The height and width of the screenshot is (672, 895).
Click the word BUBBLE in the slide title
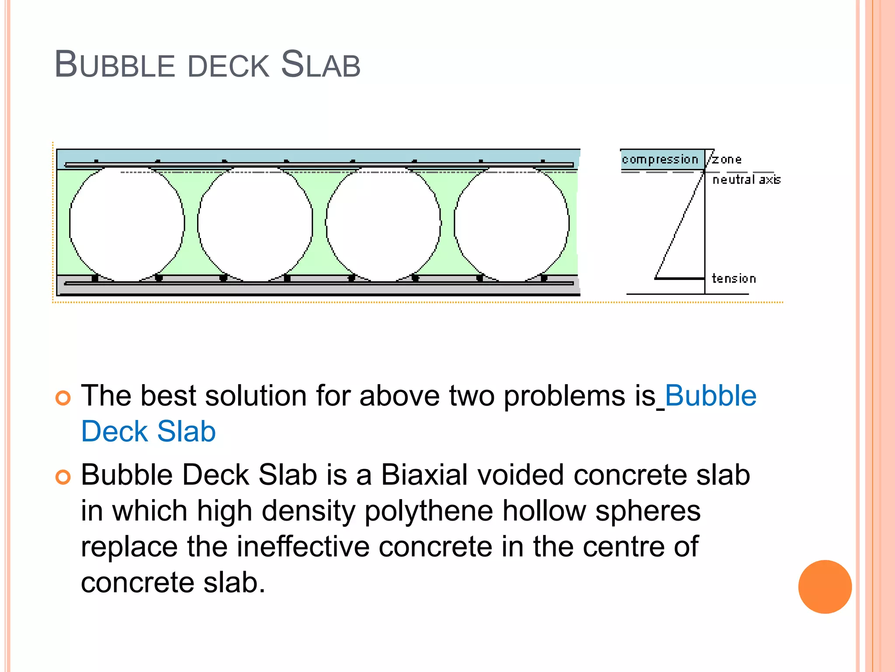114,65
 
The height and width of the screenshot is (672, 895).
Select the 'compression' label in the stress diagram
660,160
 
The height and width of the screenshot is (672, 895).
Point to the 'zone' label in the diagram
727,160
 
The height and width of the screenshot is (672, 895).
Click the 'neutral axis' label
746,179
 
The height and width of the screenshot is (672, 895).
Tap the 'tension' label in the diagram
734,278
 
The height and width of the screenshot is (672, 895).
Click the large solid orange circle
825,587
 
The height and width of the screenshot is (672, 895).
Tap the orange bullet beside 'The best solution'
63,398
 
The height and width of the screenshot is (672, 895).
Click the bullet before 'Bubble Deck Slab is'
63,477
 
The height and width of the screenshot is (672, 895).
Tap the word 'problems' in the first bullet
565,396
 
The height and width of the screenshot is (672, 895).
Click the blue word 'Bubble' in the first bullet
711,396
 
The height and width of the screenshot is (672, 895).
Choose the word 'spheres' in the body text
648,512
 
